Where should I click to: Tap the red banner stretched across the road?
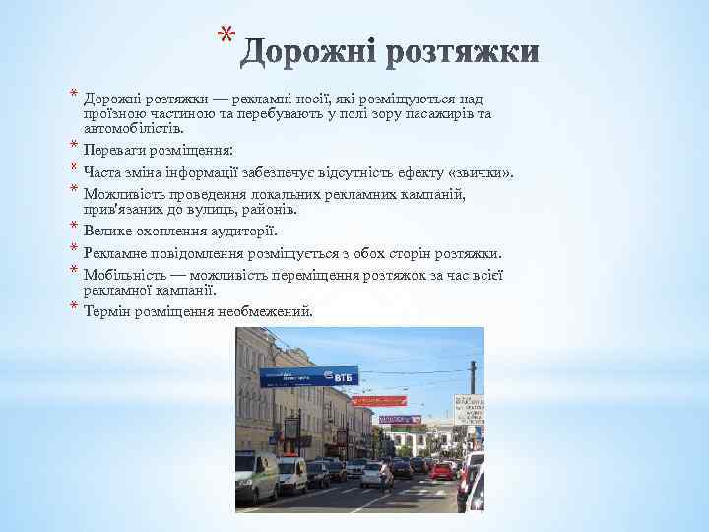tap(378, 401)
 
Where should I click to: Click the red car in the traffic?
tap(440, 470)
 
